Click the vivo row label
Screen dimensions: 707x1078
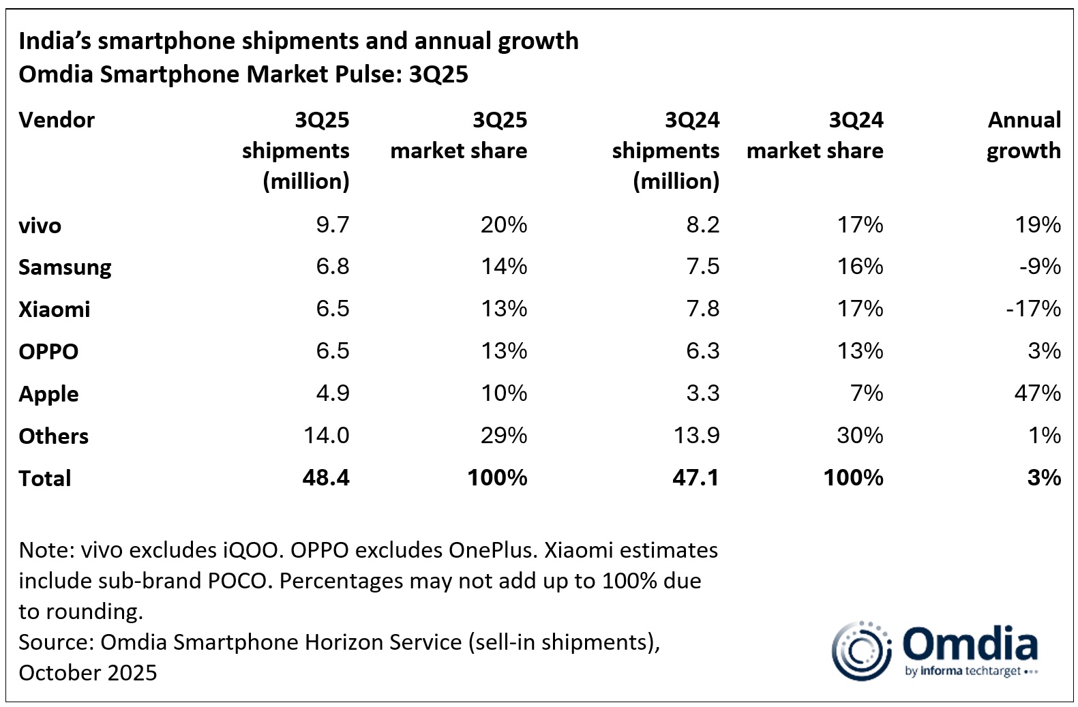tap(40, 226)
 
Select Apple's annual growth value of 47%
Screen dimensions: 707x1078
tap(1037, 393)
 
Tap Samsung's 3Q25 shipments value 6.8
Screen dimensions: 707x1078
tap(332, 267)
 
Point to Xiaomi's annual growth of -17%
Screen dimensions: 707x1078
tap(1033, 309)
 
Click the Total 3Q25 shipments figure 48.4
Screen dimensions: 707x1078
tap(325, 478)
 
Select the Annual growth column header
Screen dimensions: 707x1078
tap(1023, 135)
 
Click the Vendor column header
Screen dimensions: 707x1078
tap(57, 120)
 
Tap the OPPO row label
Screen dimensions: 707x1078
tap(48, 352)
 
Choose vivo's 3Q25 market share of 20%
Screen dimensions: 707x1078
tap(503, 225)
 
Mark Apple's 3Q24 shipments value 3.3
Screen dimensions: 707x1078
tap(702, 393)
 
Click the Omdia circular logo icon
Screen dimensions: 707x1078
tap(861, 651)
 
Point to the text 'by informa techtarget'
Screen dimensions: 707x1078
tap(968, 672)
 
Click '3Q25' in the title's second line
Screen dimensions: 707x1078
tap(438, 74)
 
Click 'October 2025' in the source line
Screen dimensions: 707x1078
tap(88, 673)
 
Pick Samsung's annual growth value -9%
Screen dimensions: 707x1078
tap(1040, 267)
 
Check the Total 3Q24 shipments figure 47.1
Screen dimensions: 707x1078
tap(695, 478)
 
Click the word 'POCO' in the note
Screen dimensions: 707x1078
tap(238, 581)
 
